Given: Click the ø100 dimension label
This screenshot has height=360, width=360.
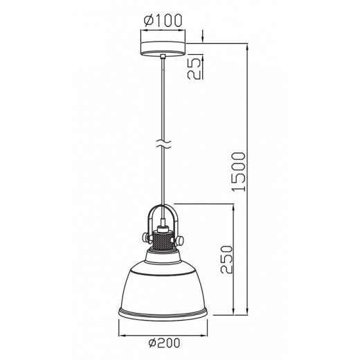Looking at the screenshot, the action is (x=163, y=20).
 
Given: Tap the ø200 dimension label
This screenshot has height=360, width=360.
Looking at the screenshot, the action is (x=164, y=343).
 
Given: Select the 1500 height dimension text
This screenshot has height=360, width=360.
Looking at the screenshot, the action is (x=239, y=172).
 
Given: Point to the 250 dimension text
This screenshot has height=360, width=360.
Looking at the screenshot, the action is (x=226, y=260).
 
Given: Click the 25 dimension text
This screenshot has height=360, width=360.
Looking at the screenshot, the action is (x=193, y=69).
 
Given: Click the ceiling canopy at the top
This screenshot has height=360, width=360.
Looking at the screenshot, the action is (x=163, y=48).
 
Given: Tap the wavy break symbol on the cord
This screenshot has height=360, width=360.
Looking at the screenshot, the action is (x=163, y=144).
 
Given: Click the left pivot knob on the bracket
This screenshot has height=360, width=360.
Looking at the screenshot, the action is (x=145, y=237).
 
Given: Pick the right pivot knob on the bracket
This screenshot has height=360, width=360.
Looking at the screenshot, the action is (x=180, y=240).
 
